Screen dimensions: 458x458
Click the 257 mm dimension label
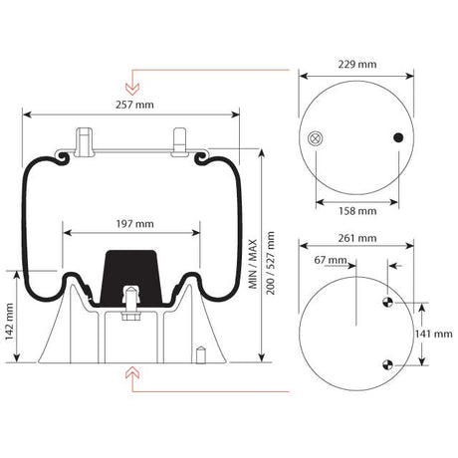(134, 105)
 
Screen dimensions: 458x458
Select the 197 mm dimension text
(134, 224)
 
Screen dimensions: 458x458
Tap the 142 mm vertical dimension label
(9, 322)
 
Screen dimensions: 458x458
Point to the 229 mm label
(357, 64)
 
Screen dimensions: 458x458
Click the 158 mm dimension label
(357, 211)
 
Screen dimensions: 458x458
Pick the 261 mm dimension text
(357, 238)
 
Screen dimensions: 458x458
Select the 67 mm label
(331, 260)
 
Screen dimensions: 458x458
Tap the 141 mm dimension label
(434, 334)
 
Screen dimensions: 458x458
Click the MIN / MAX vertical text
(253, 264)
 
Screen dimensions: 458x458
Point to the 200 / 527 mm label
(271, 263)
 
